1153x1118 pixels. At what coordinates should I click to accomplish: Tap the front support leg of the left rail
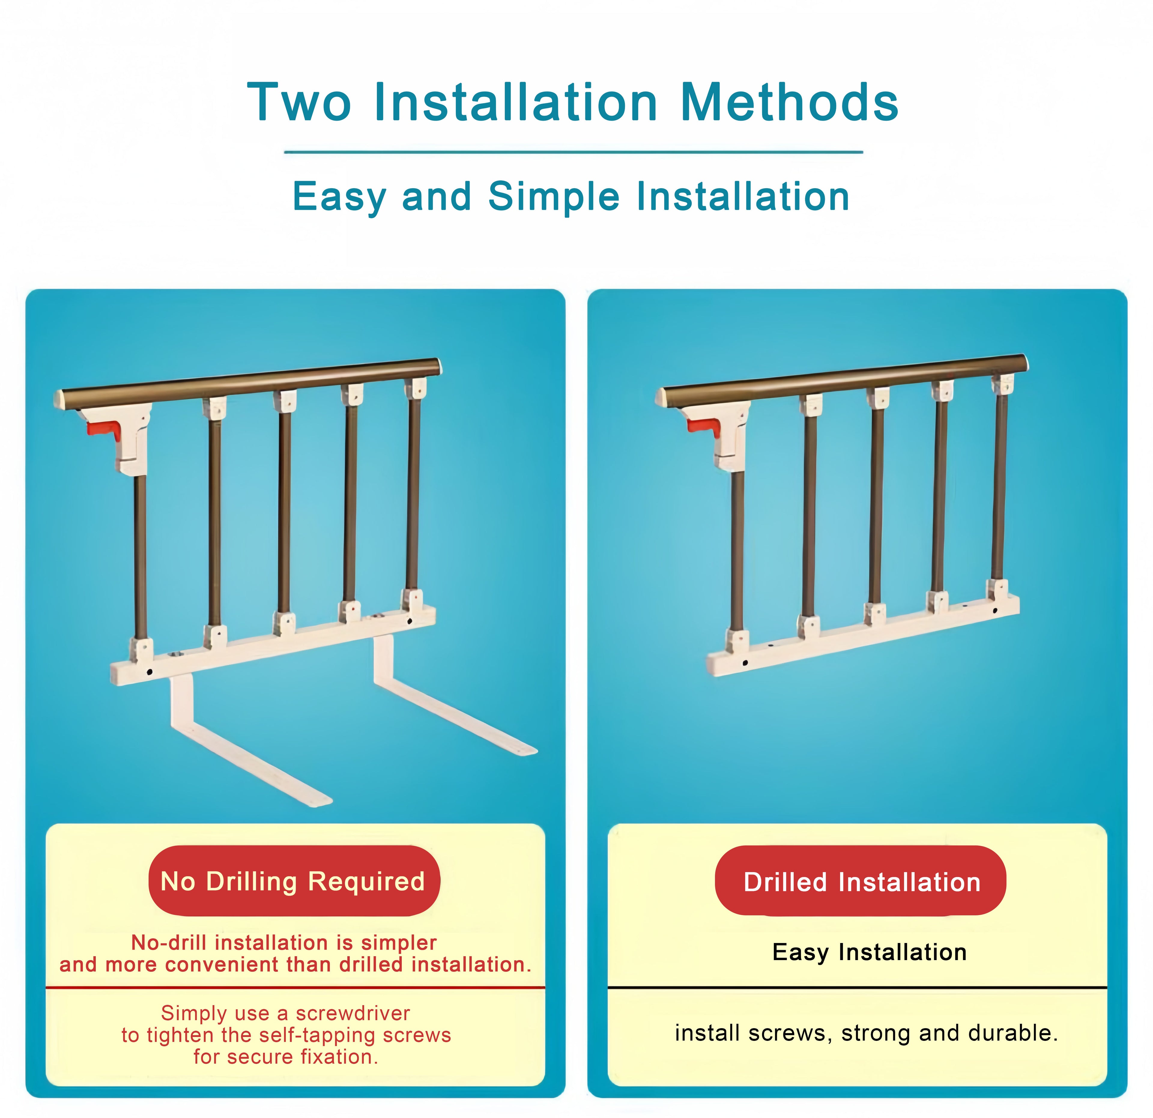pyautogui.click(x=247, y=759)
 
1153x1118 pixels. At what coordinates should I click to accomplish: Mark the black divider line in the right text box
pyautogui.click(x=857, y=987)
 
